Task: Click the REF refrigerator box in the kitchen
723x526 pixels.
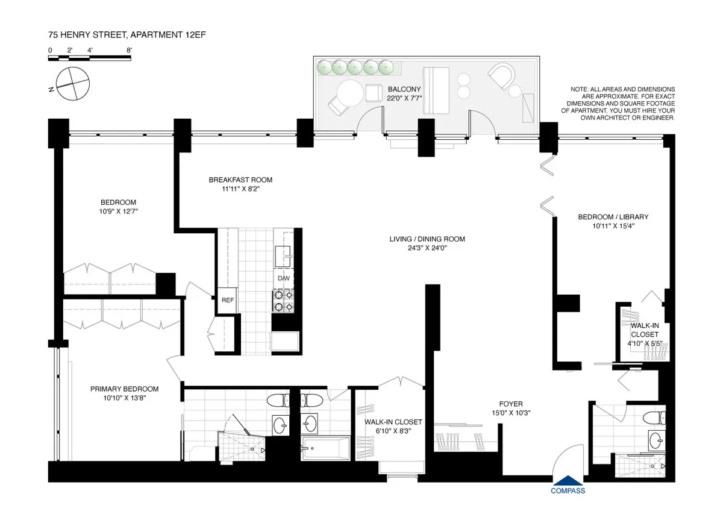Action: click(x=227, y=300)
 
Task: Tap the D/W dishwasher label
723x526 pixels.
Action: click(x=283, y=279)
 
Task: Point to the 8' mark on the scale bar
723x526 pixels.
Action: click(x=129, y=51)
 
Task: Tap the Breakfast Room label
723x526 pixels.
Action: click(x=240, y=180)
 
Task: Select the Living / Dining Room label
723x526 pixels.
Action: click(x=427, y=239)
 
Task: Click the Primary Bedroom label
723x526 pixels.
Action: click(x=124, y=389)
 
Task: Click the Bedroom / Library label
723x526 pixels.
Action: click(x=604, y=217)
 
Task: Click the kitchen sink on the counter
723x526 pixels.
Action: click(x=283, y=255)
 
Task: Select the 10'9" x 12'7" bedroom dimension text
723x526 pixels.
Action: click(x=118, y=211)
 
